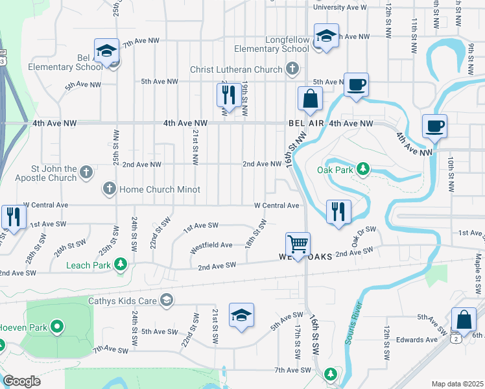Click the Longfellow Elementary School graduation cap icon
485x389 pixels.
[x=326, y=36]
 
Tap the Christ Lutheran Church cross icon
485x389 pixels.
[x=292, y=67]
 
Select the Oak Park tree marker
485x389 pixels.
[x=363, y=170]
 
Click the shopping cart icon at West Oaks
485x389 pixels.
[x=298, y=244]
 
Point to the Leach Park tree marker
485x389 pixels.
[x=120, y=264]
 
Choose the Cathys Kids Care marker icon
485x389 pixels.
[x=167, y=299]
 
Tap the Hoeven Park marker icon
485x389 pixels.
[x=57, y=327]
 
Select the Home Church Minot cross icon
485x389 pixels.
[x=109, y=189]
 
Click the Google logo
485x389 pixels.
[x=21, y=381]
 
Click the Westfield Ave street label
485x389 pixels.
[x=211, y=245]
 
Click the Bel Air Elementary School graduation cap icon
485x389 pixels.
[x=106, y=51]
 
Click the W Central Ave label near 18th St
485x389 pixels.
[x=276, y=206]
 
